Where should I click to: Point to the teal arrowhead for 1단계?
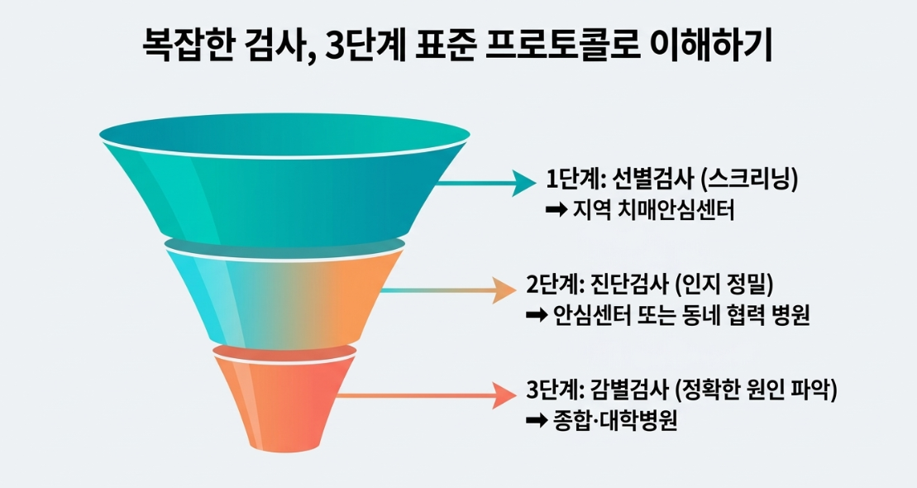[x=524, y=183]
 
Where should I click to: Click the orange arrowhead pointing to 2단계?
[x=505, y=289]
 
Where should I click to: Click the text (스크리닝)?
[x=749, y=179]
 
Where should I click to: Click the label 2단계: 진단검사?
[x=597, y=285]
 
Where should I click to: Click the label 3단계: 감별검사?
[x=597, y=390]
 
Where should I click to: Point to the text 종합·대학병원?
[x=615, y=420]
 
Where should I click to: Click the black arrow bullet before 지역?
[x=556, y=209]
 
